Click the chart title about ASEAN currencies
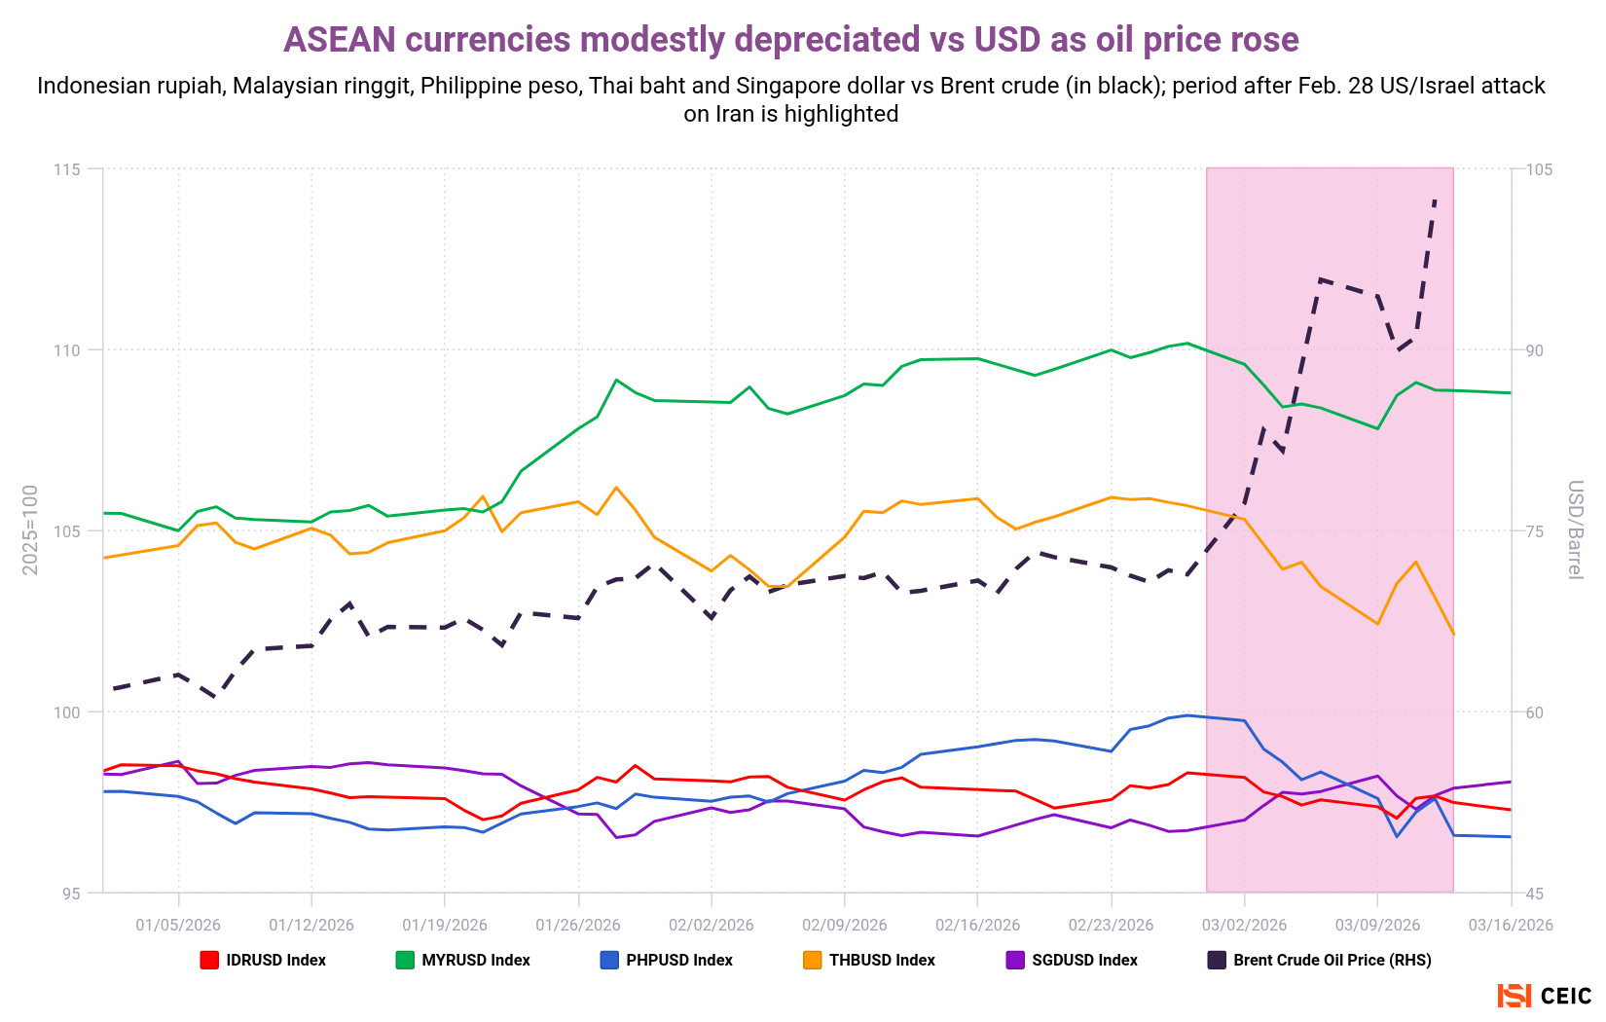tap(790, 40)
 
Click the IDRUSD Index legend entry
tap(263, 960)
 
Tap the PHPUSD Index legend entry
tap(667, 960)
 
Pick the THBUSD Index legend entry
tap(869, 960)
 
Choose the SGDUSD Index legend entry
tap(1072, 960)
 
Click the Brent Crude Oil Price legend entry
tap(1320, 960)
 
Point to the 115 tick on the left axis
tap(66, 169)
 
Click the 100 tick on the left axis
tap(66, 712)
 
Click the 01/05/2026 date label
tap(178, 925)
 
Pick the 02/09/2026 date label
tap(844, 925)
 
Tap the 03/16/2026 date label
tap(1511, 925)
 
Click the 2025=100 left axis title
tap(30, 529)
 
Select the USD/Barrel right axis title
tap(1574, 529)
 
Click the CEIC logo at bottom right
tap(1545, 996)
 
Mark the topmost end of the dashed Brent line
tap(1436, 198)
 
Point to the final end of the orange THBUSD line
tap(1453, 634)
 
